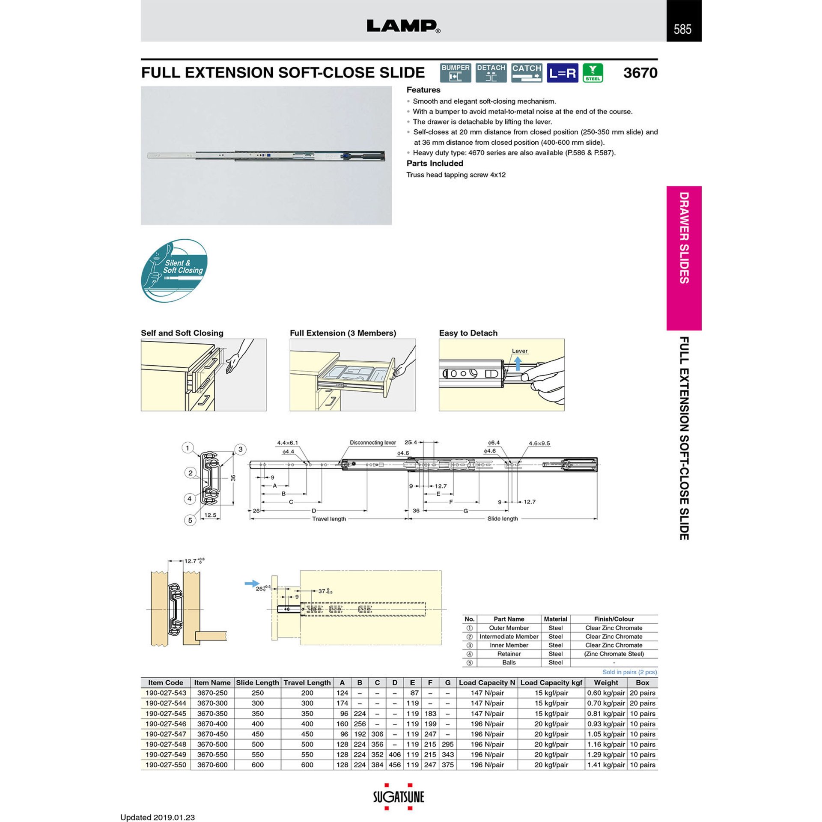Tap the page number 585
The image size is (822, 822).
coord(682,29)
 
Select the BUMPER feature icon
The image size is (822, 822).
coord(456,73)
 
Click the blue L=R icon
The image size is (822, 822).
coord(563,73)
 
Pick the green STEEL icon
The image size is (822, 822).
coord(593,73)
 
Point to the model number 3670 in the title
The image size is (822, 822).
coord(640,73)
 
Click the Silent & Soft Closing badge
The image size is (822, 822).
coord(174,271)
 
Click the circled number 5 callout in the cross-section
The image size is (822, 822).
coord(190,520)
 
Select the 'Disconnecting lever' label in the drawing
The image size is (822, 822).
coord(372,443)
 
